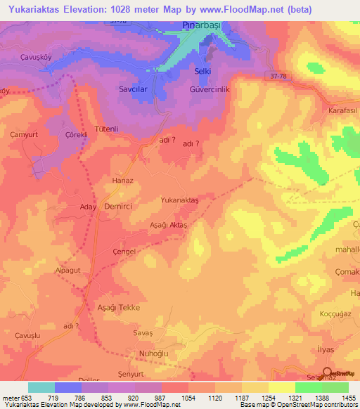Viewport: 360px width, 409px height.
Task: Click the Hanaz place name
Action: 123,180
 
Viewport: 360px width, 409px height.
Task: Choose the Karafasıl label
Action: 343,111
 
